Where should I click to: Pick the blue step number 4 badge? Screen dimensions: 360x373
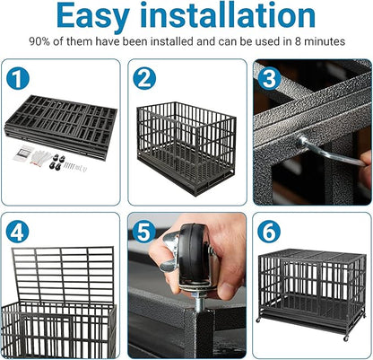pos(18,231)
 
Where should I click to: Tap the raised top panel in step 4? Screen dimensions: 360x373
pos(63,274)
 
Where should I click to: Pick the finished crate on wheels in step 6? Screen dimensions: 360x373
pos(309,287)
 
